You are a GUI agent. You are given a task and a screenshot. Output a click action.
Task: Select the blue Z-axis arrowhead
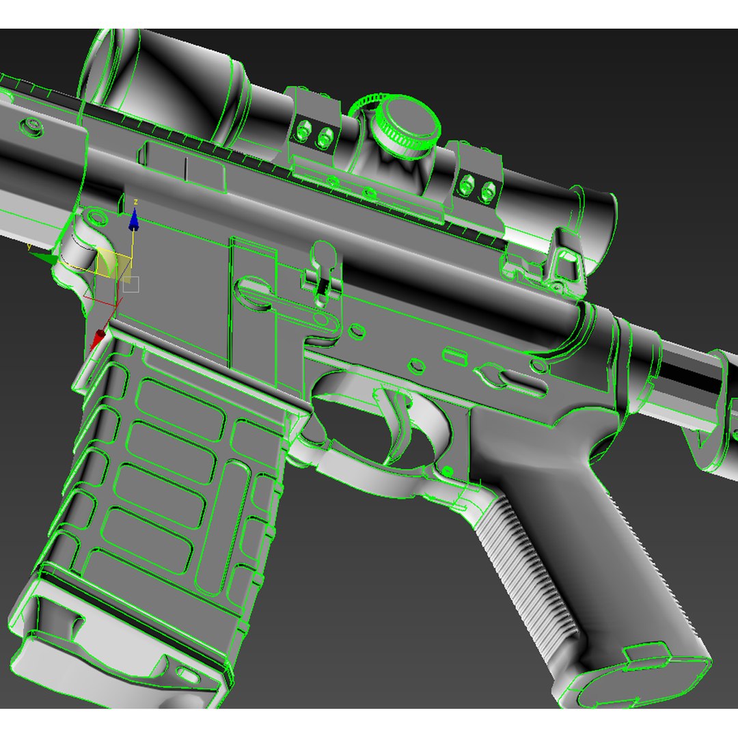[134, 220]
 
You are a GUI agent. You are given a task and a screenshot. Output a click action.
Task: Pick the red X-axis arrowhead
[100, 337]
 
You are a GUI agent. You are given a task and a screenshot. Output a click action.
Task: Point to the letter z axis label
[137, 202]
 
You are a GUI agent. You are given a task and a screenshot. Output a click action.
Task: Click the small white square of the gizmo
[131, 284]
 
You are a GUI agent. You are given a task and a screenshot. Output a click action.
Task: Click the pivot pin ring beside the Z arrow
[98, 217]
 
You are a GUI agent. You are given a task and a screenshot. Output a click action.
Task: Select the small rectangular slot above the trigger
[455, 355]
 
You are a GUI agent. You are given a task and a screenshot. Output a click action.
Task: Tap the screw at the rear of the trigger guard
[448, 471]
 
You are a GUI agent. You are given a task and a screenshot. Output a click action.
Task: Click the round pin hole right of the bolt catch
[356, 331]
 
